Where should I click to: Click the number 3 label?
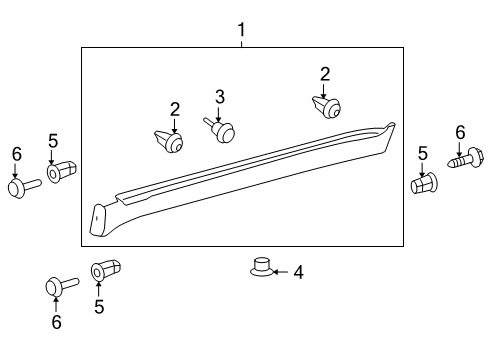click(220, 96)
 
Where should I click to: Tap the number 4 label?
click(297, 271)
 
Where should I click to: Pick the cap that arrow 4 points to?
click(259, 267)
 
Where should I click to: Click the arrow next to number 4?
click(279, 271)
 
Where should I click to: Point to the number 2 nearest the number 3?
click(175, 108)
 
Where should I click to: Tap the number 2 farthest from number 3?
click(325, 73)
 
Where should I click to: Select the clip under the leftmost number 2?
click(170, 141)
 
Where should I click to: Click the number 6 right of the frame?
click(460, 132)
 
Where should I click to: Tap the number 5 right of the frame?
click(423, 154)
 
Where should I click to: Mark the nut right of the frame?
click(424, 185)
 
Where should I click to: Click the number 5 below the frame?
click(99, 307)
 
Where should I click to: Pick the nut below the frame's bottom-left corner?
click(106, 270)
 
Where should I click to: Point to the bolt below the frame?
click(60, 285)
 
